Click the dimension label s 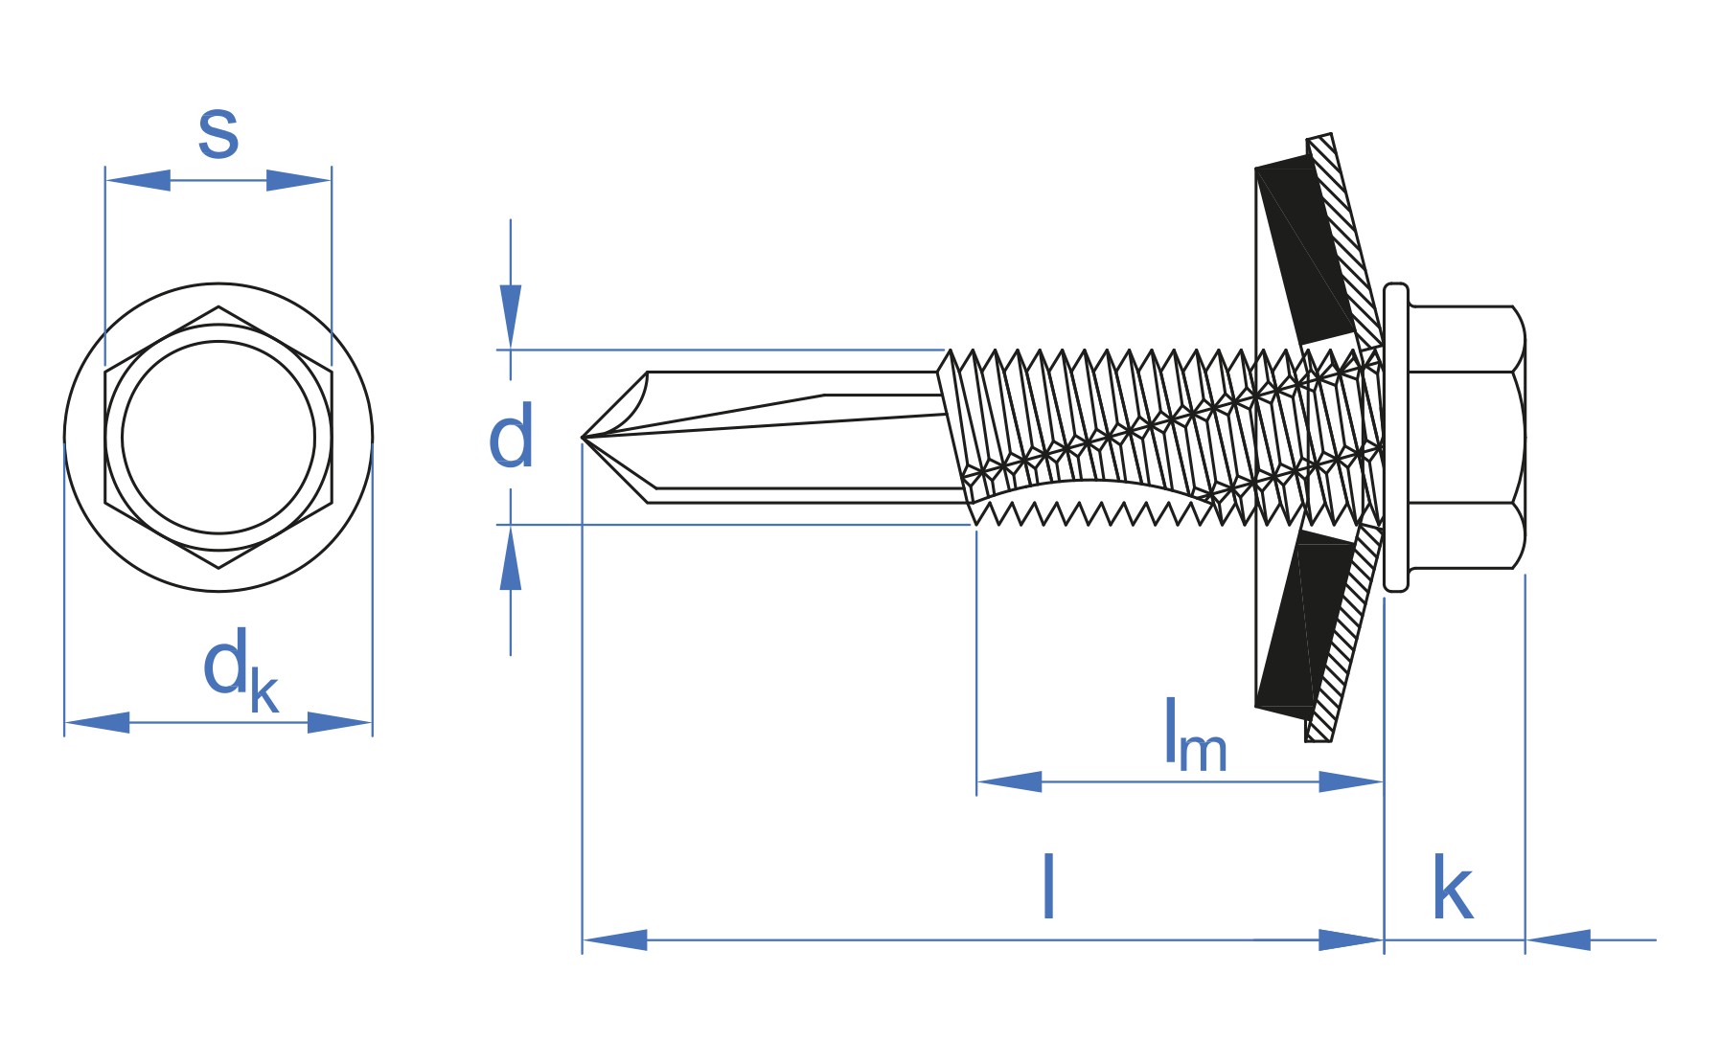pyautogui.click(x=218, y=135)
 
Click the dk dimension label pyautogui.click(x=239, y=671)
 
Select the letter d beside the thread pyautogui.click(x=511, y=437)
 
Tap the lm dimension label pyautogui.click(x=1194, y=737)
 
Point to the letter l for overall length pyautogui.click(x=1049, y=887)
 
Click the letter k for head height pyautogui.click(x=1452, y=889)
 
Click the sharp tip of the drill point pyautogui.click(x=585, y=438)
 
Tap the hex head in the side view pyautogui.click(x=1466, y=437)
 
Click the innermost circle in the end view pyautogui.click(x=218, y=437)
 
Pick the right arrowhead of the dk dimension pyautogui.click(x=339, y=722)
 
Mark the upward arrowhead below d pyautogui.click(x=511, y=560)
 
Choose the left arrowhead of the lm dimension pyautogui.click(x=1009, y=781)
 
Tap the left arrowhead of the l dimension pyautogui.click(x=614, y=939)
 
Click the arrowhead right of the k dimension pyautogui.click(x=1558, y=939)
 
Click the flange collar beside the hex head pyautogui.click(x=1396, y=437)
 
